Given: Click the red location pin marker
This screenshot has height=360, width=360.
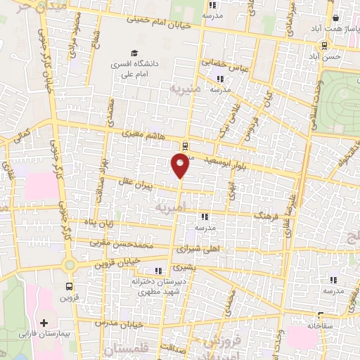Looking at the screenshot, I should point(180,165).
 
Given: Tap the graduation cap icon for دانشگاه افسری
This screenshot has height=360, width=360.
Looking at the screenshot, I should point(133,53).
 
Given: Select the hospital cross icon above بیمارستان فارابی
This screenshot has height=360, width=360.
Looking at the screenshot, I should point(44,321).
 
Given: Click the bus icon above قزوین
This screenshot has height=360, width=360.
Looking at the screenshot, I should point(69,286).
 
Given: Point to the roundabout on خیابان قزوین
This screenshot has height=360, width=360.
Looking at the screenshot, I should point(70,266).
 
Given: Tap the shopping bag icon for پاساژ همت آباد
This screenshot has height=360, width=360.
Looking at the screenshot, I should point(336,19).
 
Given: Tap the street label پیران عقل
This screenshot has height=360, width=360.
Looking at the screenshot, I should point(130,181).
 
